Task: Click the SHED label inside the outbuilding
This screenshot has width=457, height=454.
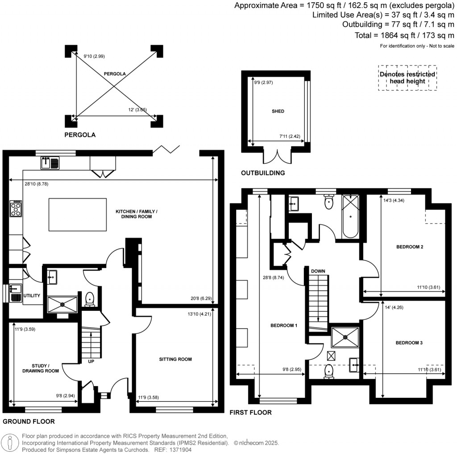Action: pos(278,111)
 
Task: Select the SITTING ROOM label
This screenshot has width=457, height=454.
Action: pos(175,359)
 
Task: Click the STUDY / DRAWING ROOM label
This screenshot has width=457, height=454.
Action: pos(40,367)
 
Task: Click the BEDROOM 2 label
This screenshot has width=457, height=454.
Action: pos(409,247)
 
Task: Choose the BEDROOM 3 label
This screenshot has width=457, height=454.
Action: pos(409,343)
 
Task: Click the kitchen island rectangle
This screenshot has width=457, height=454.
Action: pos(77,215)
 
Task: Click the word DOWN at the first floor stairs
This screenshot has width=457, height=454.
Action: pos(318,271)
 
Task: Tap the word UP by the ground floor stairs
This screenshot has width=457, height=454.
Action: pos(91,361)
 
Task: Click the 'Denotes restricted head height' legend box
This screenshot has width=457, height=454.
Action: pos(407,78)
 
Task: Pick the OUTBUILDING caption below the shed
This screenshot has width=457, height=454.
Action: pos(262,173)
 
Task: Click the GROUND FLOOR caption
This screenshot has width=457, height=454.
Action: pos(29,421)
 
